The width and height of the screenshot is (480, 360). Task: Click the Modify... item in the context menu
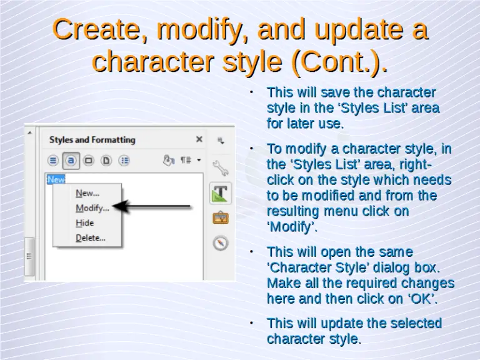(x=92, y=208)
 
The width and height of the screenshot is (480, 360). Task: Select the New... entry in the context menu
(x=87, y=193)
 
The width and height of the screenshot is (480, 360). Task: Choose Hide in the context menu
(x=85, y=223)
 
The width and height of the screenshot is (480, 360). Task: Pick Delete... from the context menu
(x=91, y=238)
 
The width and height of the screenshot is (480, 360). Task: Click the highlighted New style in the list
(x=56, y=179)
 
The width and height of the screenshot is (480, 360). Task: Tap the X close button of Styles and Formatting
(x=199, y=139)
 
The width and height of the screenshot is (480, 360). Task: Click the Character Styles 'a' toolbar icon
(x=71, y=160)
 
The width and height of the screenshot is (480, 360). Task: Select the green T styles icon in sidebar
(x=220, y=193)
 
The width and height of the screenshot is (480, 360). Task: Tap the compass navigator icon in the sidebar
(x=220, y=243)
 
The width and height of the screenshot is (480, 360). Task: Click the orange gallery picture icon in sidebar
(x=220, y=218)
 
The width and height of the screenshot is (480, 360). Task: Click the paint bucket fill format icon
(x=167, y=160)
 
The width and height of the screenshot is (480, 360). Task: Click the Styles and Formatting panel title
(x=92, y=140)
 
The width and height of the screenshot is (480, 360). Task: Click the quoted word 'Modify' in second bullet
(x=292, y=227)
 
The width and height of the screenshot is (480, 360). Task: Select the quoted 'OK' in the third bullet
(x=422, y=299)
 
